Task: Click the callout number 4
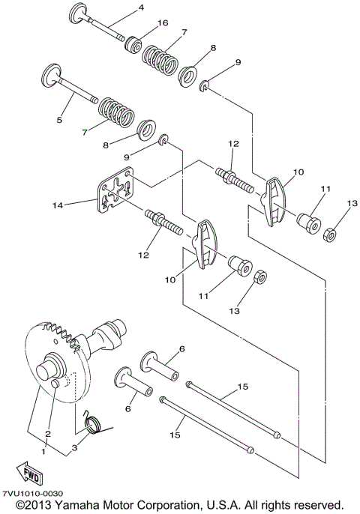click(140, 8)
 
